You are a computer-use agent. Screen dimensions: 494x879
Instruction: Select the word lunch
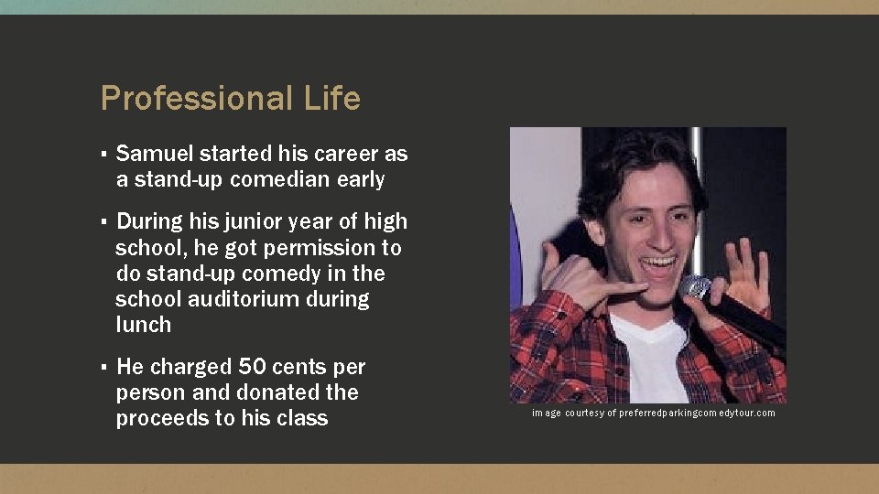coord(144,325)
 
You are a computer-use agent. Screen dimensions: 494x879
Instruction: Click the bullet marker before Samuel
coord(105,155)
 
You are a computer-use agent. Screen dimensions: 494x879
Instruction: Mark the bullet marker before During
coord(105,222)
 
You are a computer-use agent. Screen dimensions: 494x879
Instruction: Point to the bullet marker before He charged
coord(105,367)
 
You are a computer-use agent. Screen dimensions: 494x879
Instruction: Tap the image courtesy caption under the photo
coord(654,413)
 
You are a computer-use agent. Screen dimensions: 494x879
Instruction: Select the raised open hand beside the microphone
coord(747,274)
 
